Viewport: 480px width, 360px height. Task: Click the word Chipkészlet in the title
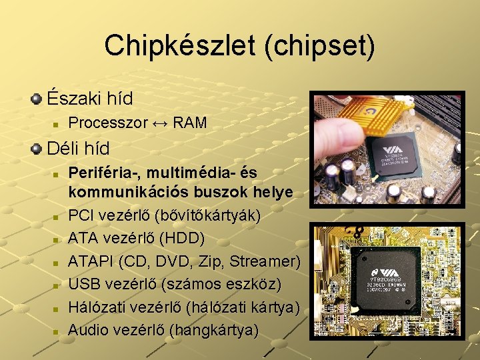pyautogui.click(x=170, y=45)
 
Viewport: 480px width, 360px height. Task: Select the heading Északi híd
pyautogui.click(x=89, y=98)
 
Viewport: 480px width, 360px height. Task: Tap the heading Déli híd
pyautogui.click(x=79, y=147)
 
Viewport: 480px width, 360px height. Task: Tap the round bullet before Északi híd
pyautogui.click(x=37, y=99)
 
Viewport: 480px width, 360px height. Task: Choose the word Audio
pyautogui.click(x=89, y=329)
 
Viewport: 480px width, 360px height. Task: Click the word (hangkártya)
pyautogui.click(x=214, y=329)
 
